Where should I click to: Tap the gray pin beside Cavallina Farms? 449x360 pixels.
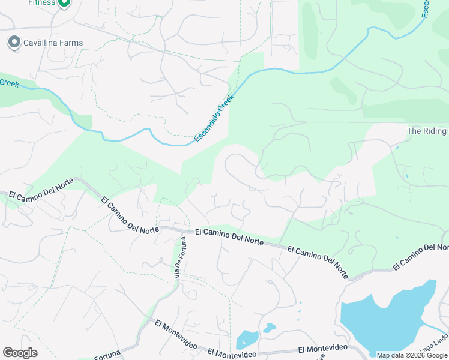[13, 42]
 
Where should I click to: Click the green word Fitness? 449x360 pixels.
[41, 3]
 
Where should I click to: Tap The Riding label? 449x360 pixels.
[427, 131]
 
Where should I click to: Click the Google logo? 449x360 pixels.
[20, 353]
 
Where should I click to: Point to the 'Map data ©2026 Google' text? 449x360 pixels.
[412, 355]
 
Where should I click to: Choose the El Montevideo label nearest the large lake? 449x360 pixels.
[323, 349]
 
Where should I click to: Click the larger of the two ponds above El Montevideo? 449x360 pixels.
[247, 340]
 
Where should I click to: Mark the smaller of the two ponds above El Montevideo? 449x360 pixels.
[270, 328]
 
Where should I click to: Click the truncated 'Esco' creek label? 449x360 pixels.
[425, 8]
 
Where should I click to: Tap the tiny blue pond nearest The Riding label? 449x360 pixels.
[396, 146]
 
